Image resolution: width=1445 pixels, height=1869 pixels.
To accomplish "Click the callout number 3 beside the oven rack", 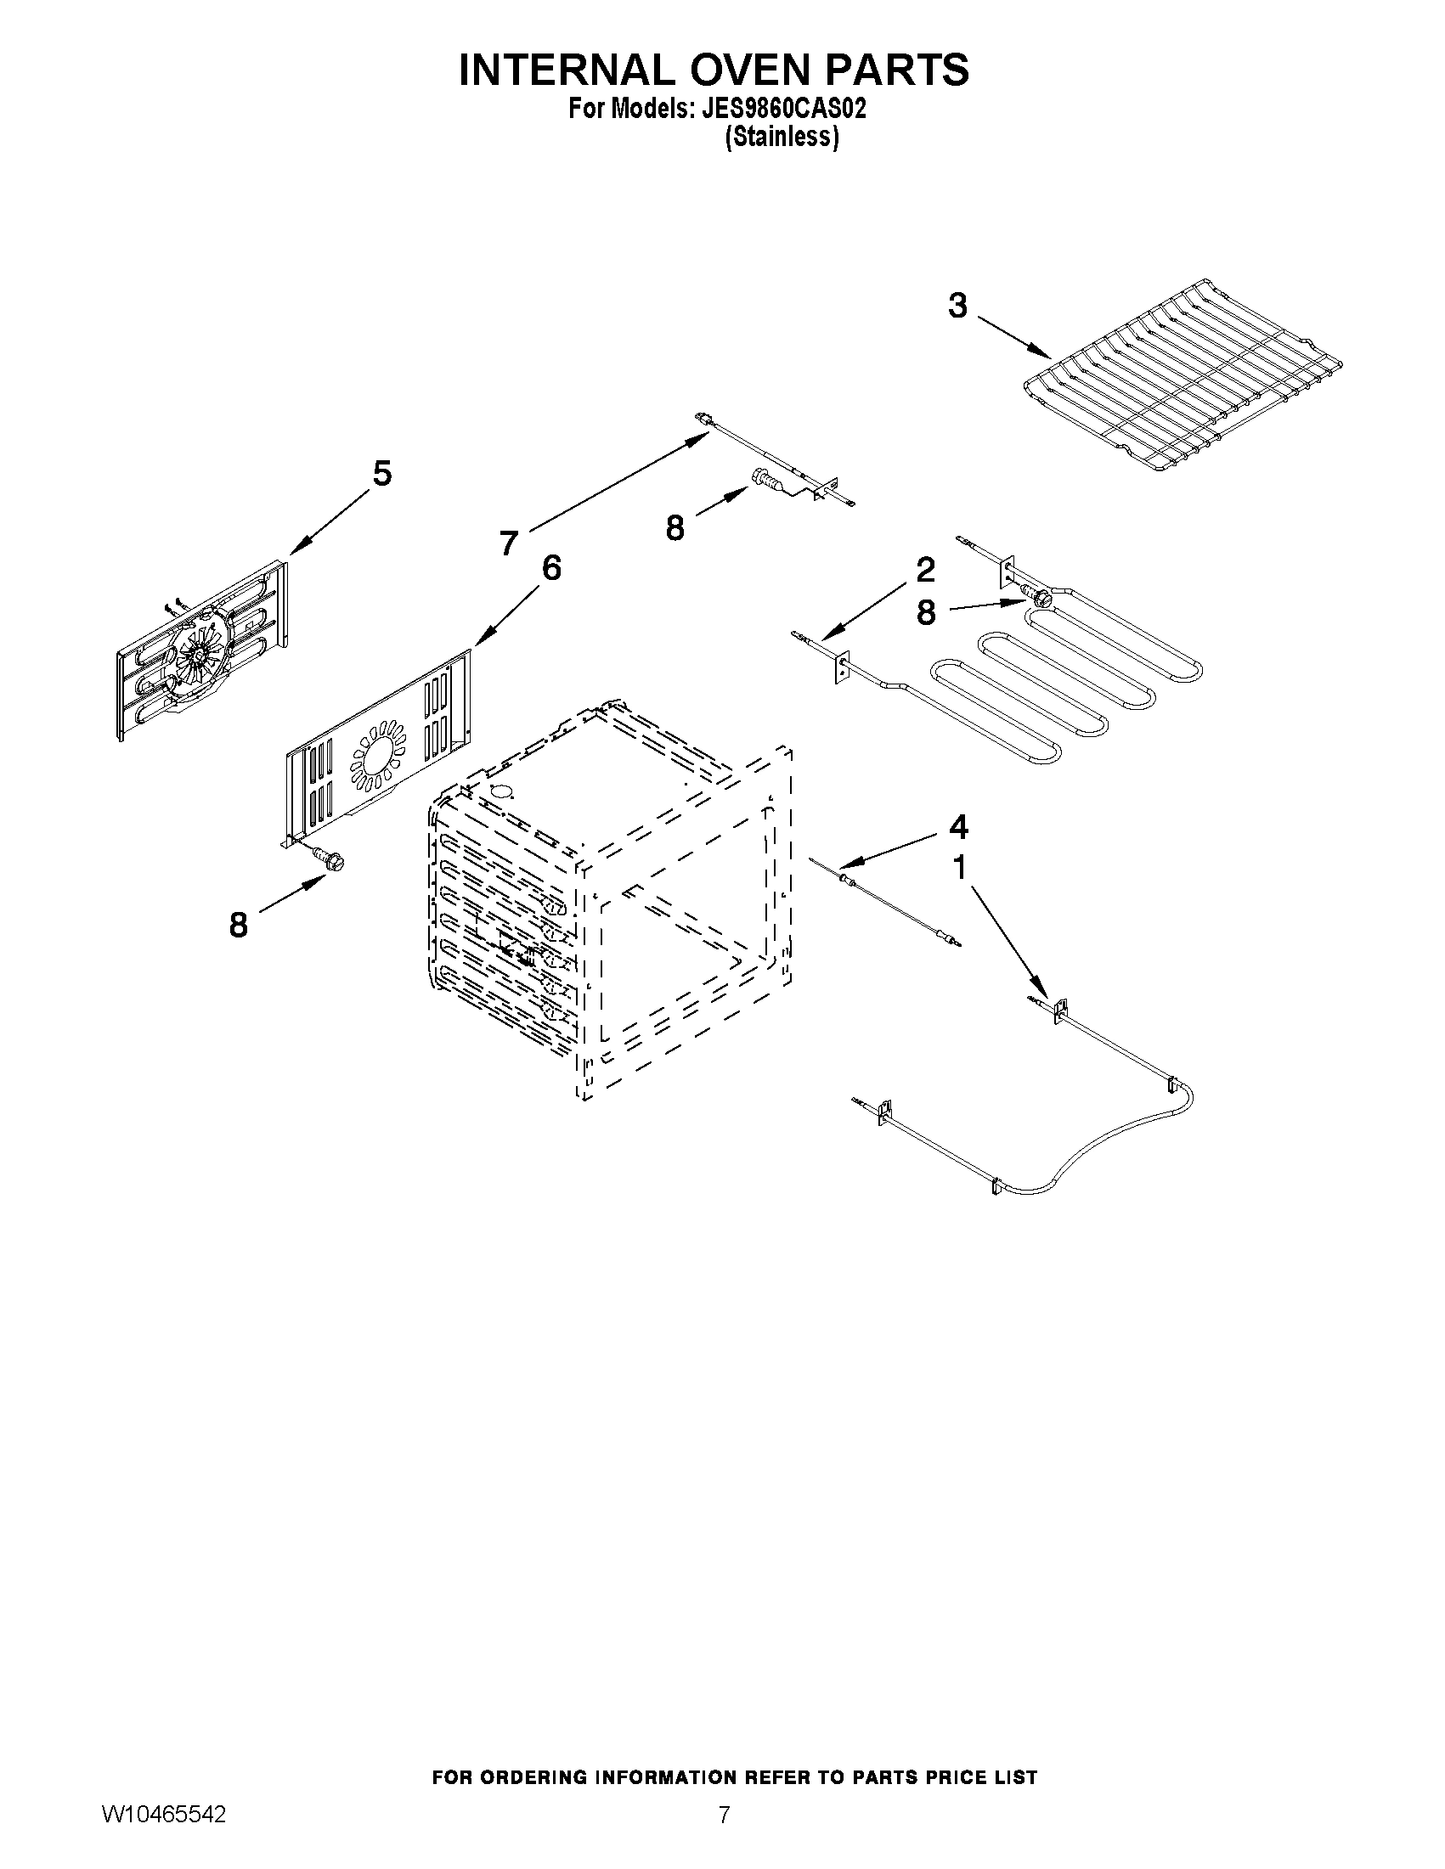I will click(957, 306).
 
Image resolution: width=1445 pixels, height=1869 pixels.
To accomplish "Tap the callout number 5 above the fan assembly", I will click(381, 473).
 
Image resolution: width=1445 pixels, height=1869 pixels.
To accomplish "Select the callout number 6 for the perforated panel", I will click(551, 567).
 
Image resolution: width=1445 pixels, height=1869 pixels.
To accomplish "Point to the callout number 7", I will click(510, 542).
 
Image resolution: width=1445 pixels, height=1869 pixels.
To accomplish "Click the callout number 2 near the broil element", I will click(925, 569).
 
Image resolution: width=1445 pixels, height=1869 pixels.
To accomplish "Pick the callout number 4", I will click(959, 827).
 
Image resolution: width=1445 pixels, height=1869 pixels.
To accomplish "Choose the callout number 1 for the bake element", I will click(960, 868).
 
